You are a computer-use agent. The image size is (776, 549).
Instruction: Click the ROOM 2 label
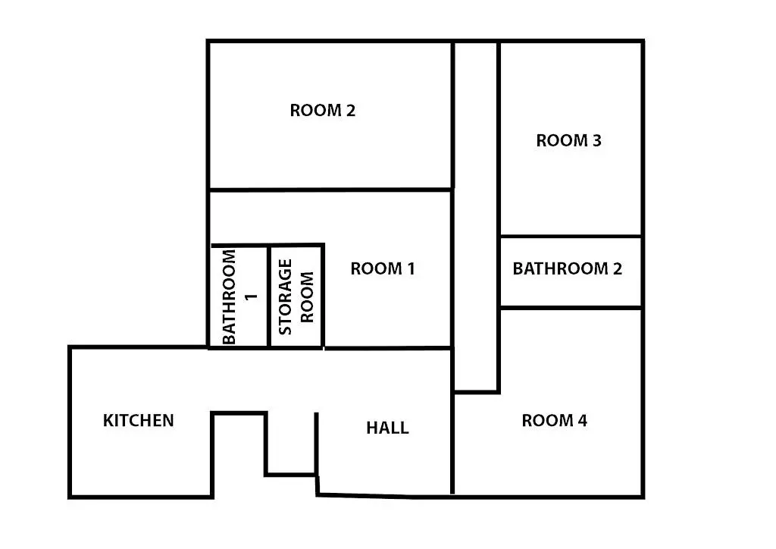pos(322,111)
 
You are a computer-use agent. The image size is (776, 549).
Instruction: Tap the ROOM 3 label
pos(568,141)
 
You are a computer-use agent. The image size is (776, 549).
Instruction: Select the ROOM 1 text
pos(383,268)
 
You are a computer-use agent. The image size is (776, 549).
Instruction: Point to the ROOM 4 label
pos(555,421)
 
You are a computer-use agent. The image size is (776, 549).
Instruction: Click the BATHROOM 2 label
pos(568,268)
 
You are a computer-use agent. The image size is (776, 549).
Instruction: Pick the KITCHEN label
pos(139,420)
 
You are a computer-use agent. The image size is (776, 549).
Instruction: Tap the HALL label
pos(387,428)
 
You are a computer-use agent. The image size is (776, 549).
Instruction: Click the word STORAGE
pos(286,296)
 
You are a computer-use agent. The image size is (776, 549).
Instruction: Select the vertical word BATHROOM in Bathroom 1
pos(230,296)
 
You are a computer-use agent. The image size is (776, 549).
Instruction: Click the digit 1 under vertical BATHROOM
pos(252,296)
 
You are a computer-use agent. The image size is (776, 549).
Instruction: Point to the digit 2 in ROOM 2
pos(350,111)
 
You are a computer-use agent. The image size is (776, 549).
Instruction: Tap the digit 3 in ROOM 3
pos(596,141)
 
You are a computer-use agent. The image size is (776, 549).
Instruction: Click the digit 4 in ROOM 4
pos(582,421)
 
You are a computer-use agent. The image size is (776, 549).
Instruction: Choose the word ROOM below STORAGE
pos(307,296)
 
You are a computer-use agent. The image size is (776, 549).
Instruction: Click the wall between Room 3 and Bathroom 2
pos(571,236)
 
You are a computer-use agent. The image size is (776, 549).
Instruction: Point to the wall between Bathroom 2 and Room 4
pos(571,307)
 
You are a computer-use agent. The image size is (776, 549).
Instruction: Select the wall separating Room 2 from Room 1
pos(330,190)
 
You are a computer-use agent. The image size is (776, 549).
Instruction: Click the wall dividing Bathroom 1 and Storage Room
pos(269,296)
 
